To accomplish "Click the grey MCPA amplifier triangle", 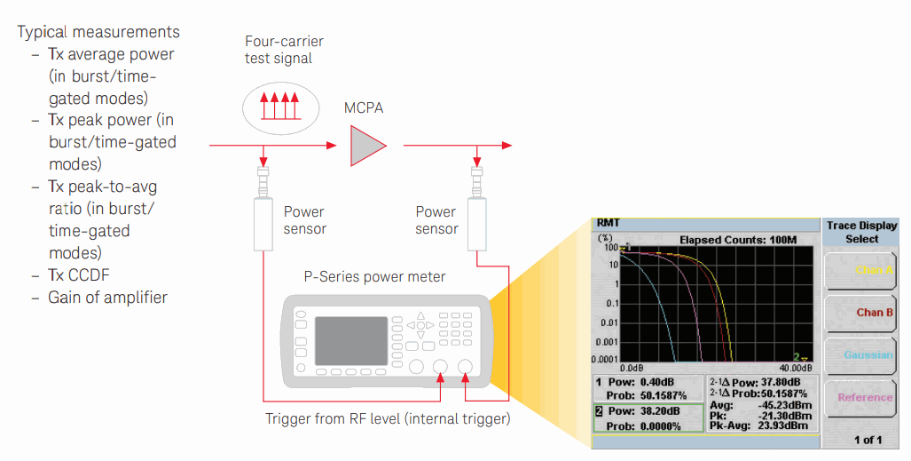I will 366,145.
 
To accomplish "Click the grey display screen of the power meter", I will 351,339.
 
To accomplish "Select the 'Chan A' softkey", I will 862,270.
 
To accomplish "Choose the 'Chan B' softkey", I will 862,313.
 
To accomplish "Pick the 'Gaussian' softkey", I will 862,355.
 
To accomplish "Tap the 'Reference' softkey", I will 862,397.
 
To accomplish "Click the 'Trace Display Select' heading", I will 862,232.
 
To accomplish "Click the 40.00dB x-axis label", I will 794,367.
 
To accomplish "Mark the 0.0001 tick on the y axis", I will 606,359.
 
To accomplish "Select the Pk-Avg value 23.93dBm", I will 783,426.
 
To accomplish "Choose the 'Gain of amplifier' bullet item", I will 107,297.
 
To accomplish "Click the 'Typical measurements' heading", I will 98,32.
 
